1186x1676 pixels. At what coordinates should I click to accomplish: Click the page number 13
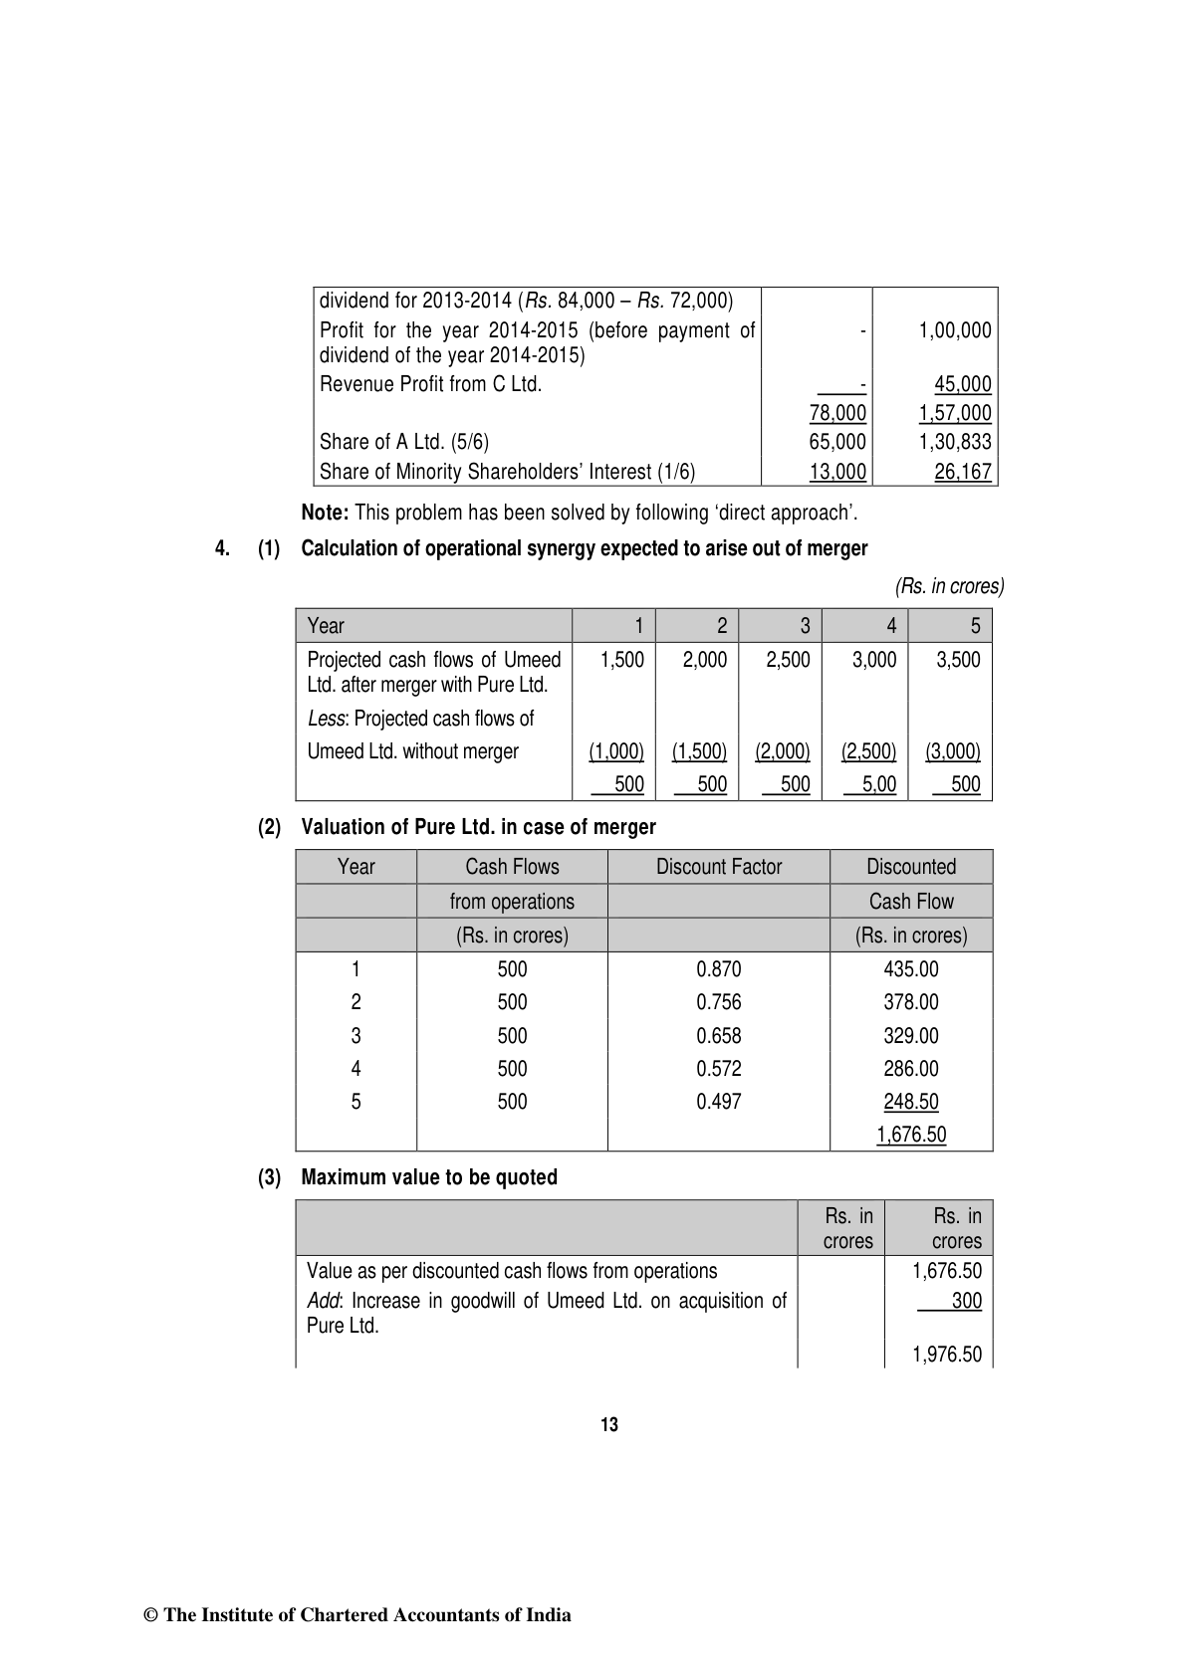609,1425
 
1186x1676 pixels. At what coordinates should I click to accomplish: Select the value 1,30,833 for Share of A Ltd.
955,442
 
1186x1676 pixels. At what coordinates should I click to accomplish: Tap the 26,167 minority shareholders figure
963,472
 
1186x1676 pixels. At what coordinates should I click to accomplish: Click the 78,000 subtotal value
837,413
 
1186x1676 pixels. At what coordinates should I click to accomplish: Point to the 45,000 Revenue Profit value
963,384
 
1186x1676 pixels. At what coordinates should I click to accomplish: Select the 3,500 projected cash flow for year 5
958,660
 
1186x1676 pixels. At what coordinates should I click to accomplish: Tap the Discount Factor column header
719,867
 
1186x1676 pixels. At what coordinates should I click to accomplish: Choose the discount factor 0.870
719,969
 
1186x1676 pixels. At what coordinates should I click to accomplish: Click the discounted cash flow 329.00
911,1036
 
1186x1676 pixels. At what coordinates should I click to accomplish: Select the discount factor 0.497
719,1102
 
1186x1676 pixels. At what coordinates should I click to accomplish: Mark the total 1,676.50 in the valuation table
911,1135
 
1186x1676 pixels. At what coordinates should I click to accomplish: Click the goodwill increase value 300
966,1301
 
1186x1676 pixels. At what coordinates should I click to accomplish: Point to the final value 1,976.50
947,1355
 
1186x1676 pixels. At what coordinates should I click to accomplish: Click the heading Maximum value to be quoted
429,1177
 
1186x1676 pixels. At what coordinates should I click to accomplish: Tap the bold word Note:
325,514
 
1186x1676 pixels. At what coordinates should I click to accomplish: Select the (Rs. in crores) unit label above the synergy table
950,586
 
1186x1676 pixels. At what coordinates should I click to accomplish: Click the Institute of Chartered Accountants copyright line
358,1615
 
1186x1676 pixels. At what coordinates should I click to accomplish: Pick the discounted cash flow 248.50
911,1102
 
